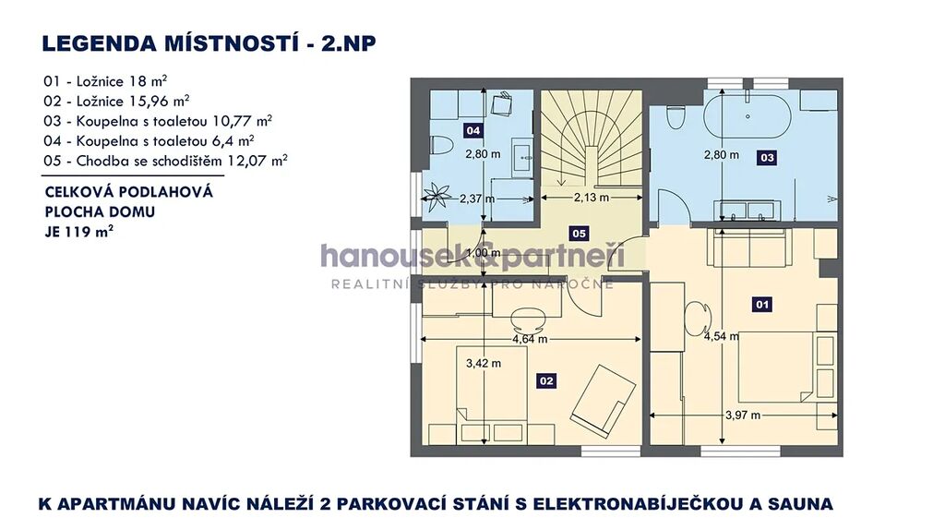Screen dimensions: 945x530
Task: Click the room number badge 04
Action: (473, 130)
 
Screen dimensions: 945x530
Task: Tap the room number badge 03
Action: (767, 158)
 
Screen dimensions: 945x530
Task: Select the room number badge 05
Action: (579, 234)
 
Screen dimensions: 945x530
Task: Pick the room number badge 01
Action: (762, 305)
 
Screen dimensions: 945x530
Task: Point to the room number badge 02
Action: (546, 380)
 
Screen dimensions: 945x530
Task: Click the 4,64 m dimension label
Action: (530, 339)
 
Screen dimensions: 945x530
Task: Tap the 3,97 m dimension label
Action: (743, 415)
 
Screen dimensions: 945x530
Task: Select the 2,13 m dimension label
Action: (592, 198)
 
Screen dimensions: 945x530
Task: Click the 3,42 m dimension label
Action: (484, 363)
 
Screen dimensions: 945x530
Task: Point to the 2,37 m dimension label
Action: (477, 199)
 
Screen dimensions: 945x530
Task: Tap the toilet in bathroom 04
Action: (442, 145)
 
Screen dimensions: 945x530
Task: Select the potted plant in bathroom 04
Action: (436, 198)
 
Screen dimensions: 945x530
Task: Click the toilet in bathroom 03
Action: (675, 117)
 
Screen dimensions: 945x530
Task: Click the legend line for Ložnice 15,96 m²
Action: (116, 101)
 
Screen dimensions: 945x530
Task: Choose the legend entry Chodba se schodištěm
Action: (165, 161)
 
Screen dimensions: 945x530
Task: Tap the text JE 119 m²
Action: (79, 231)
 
